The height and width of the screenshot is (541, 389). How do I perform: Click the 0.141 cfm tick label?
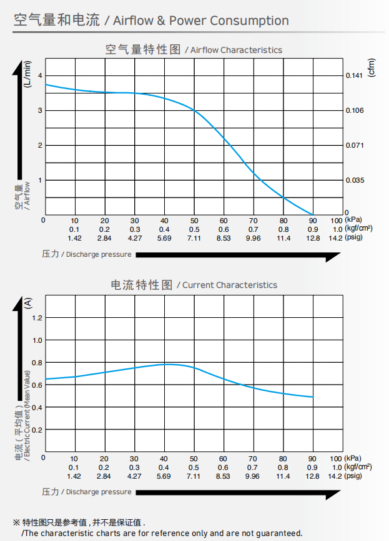(x=355, y=75)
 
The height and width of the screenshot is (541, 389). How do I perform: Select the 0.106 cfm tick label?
(x=355, y=110)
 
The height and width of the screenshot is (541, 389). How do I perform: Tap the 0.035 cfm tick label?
(x=355, y=180)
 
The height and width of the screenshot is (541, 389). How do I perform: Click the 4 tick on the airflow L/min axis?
(x=40, y=75)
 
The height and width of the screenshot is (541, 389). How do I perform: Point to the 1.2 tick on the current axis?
(x=37, y=318)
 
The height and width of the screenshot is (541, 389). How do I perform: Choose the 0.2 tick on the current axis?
(x=37, y=430)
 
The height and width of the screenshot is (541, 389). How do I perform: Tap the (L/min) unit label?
(x=27, y=74)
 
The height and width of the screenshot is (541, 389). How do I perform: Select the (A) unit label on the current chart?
(x=27, y=304)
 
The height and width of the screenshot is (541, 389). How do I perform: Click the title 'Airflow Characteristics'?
(x=236, y=50)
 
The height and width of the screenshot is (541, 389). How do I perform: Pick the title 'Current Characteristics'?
(x=229, y=285)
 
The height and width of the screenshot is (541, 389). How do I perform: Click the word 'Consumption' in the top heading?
(x=249, y=21)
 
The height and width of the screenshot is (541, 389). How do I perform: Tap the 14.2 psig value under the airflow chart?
(x=335, y=237)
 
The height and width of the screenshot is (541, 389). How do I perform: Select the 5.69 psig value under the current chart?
(x=164, y=476)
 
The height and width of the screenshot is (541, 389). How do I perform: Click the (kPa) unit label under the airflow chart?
(x=353, y=221)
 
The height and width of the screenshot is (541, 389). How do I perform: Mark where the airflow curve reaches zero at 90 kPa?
(x=313, y=215)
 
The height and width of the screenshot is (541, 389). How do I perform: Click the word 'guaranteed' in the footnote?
(x=279, y=533)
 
